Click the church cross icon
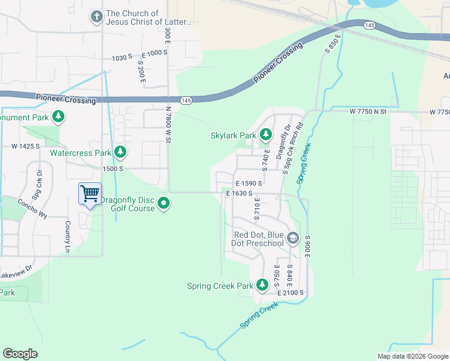pos(97,17)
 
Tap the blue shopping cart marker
pos(90,194)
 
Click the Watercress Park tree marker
pos(121,153)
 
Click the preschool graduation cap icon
pos(292,239)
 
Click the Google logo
pos(20,353)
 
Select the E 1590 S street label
pos(249,183)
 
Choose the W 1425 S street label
pos(25,146)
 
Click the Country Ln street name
pos(67,236)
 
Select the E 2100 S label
pos(291,292)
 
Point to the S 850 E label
pos(333,44)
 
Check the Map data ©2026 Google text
pos(412,356)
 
